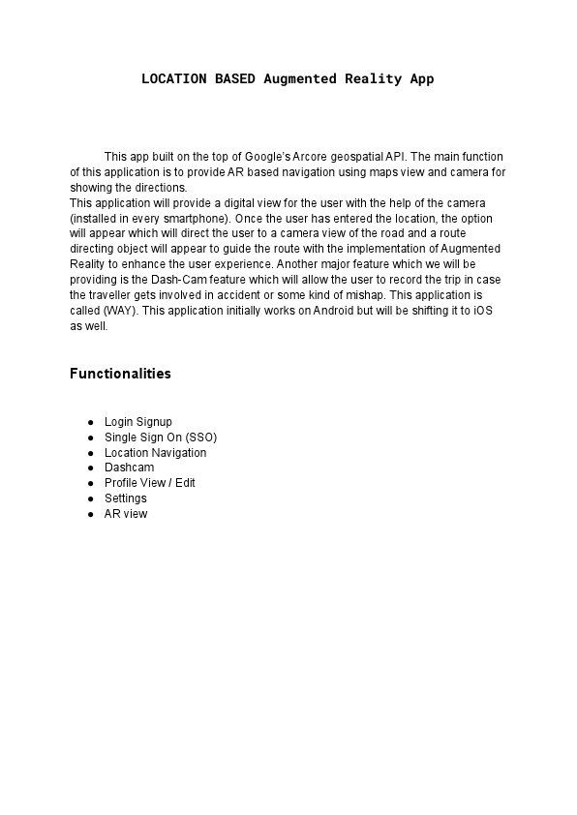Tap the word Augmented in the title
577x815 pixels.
click(x=298, y=78)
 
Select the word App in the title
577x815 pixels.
click(x=421, y=78)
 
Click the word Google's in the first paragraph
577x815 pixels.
click(x=267, y=156)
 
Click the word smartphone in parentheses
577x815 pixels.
click(x=199, y=219)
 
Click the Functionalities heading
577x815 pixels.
click(x=120, y=374)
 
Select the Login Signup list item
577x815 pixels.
click(x=137, y=422)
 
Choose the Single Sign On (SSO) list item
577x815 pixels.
click(x=161, y=438)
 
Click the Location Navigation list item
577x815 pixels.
click(x=155, y=453)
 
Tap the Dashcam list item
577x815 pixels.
click(x=129, y=468)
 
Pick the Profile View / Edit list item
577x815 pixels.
click(x=150, y=483)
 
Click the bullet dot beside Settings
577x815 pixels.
click(x=90, y=498)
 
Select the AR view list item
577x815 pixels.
click(x=126, y=514)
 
